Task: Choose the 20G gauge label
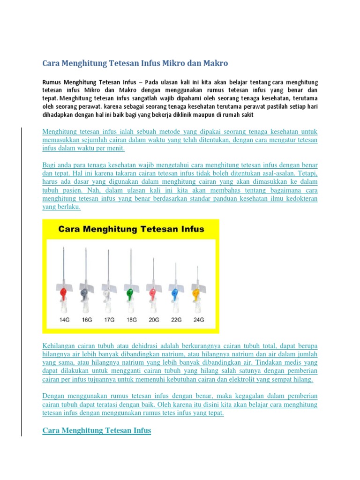click(153, 320)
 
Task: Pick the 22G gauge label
click(176, 320)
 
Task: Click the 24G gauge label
click(198, 320)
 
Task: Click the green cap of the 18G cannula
click(131, 294)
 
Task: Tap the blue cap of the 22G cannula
click(175, 294)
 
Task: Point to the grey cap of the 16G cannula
click(85, 294)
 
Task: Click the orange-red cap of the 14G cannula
click(63, 294)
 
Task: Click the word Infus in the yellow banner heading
click(191, 229)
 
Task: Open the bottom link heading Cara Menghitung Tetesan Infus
click(97, 430)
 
